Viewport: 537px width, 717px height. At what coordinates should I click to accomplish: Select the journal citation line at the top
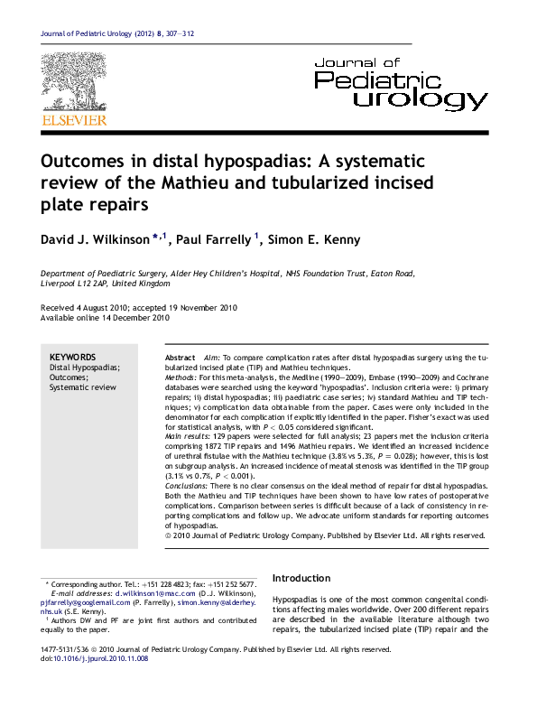click(x=117, y=33)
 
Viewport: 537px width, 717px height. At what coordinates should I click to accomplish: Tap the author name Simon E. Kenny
click(x=315, y=240)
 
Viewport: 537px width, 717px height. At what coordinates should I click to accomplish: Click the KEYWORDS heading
click(x=68, y=358)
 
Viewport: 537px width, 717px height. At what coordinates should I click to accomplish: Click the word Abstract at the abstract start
click(x=182, y=358)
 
